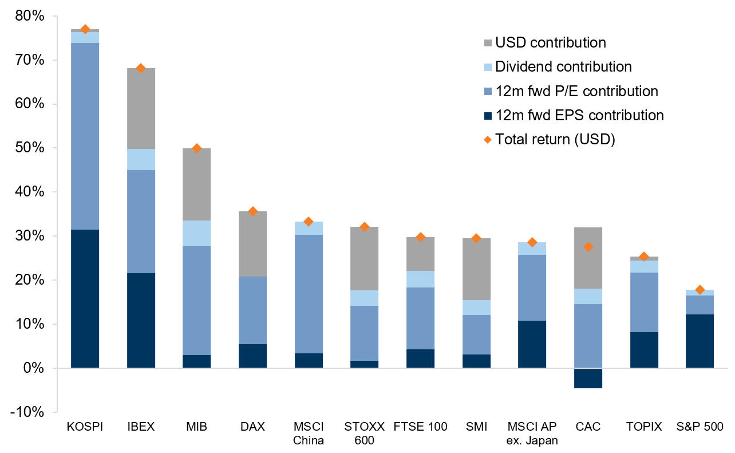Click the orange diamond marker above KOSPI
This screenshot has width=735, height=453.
pyautogui.click(x=85, y=29)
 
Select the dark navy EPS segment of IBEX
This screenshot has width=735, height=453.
pyautogui.click(x=141, y=320)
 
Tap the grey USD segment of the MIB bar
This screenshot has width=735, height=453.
pyautogui.click(x=197, y=184)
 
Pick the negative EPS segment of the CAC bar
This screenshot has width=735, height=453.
pyautogui.click(x=588, y=378)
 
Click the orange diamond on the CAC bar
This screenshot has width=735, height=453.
pyautogui.click(x=588, y=247)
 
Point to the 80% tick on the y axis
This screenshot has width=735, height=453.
pyautogui.click(x=29, y=17)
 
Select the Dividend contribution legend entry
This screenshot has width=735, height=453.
pyautogui.click(x=563, y=66)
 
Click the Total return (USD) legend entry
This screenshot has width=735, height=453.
pyautogui.click(x=555, y=139)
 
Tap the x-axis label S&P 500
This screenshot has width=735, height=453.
pyautogui.click(x=700, y=427)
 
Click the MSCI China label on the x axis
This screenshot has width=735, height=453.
pyautogui.click(x=309, y=433)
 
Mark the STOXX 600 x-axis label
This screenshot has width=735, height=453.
pyautogui.click(x=364, y=433)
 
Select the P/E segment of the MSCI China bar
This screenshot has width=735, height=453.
pyautogui.click(x=309, y=294)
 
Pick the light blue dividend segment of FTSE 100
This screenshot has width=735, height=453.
pyautogui.click(x=420, y=279)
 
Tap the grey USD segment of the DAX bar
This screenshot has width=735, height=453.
pyautogui.click(x=253, y=244)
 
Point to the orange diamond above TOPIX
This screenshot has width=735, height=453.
pyautogui.click(x=644, y=257)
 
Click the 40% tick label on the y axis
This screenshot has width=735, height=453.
pyautogui.click(x=29, y=192)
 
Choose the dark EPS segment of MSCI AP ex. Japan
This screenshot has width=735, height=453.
pyautogui.click(x=532, y=344)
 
